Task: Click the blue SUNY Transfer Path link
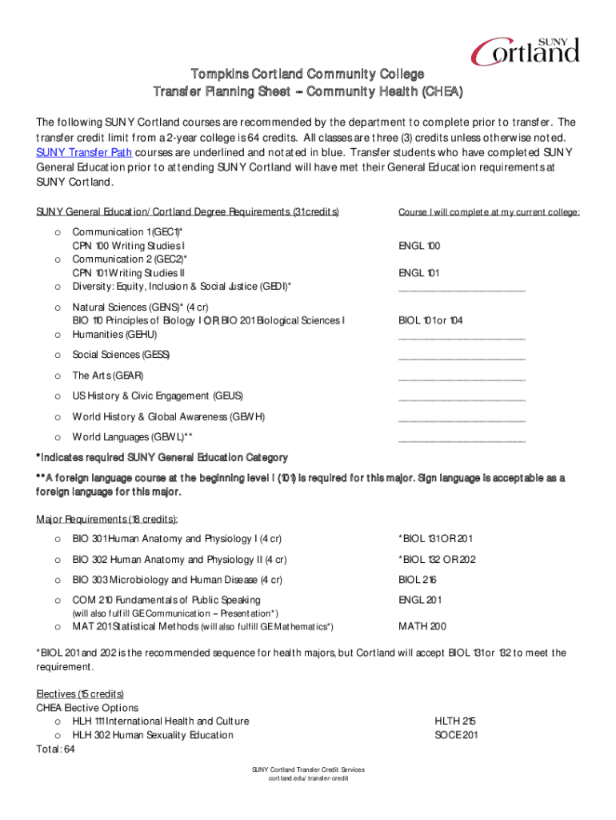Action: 84,152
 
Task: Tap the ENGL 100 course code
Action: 419,246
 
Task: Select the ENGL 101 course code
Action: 418,273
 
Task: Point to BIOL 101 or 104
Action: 430,320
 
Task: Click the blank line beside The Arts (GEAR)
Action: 462,378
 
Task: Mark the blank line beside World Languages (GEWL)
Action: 462,440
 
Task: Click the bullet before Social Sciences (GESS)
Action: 57,355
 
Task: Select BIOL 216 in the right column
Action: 418,579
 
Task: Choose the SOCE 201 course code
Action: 456,734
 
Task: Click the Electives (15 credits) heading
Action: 80,693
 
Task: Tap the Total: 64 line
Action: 55,750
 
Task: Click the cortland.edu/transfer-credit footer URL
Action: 308,778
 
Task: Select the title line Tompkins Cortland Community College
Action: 307,74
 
